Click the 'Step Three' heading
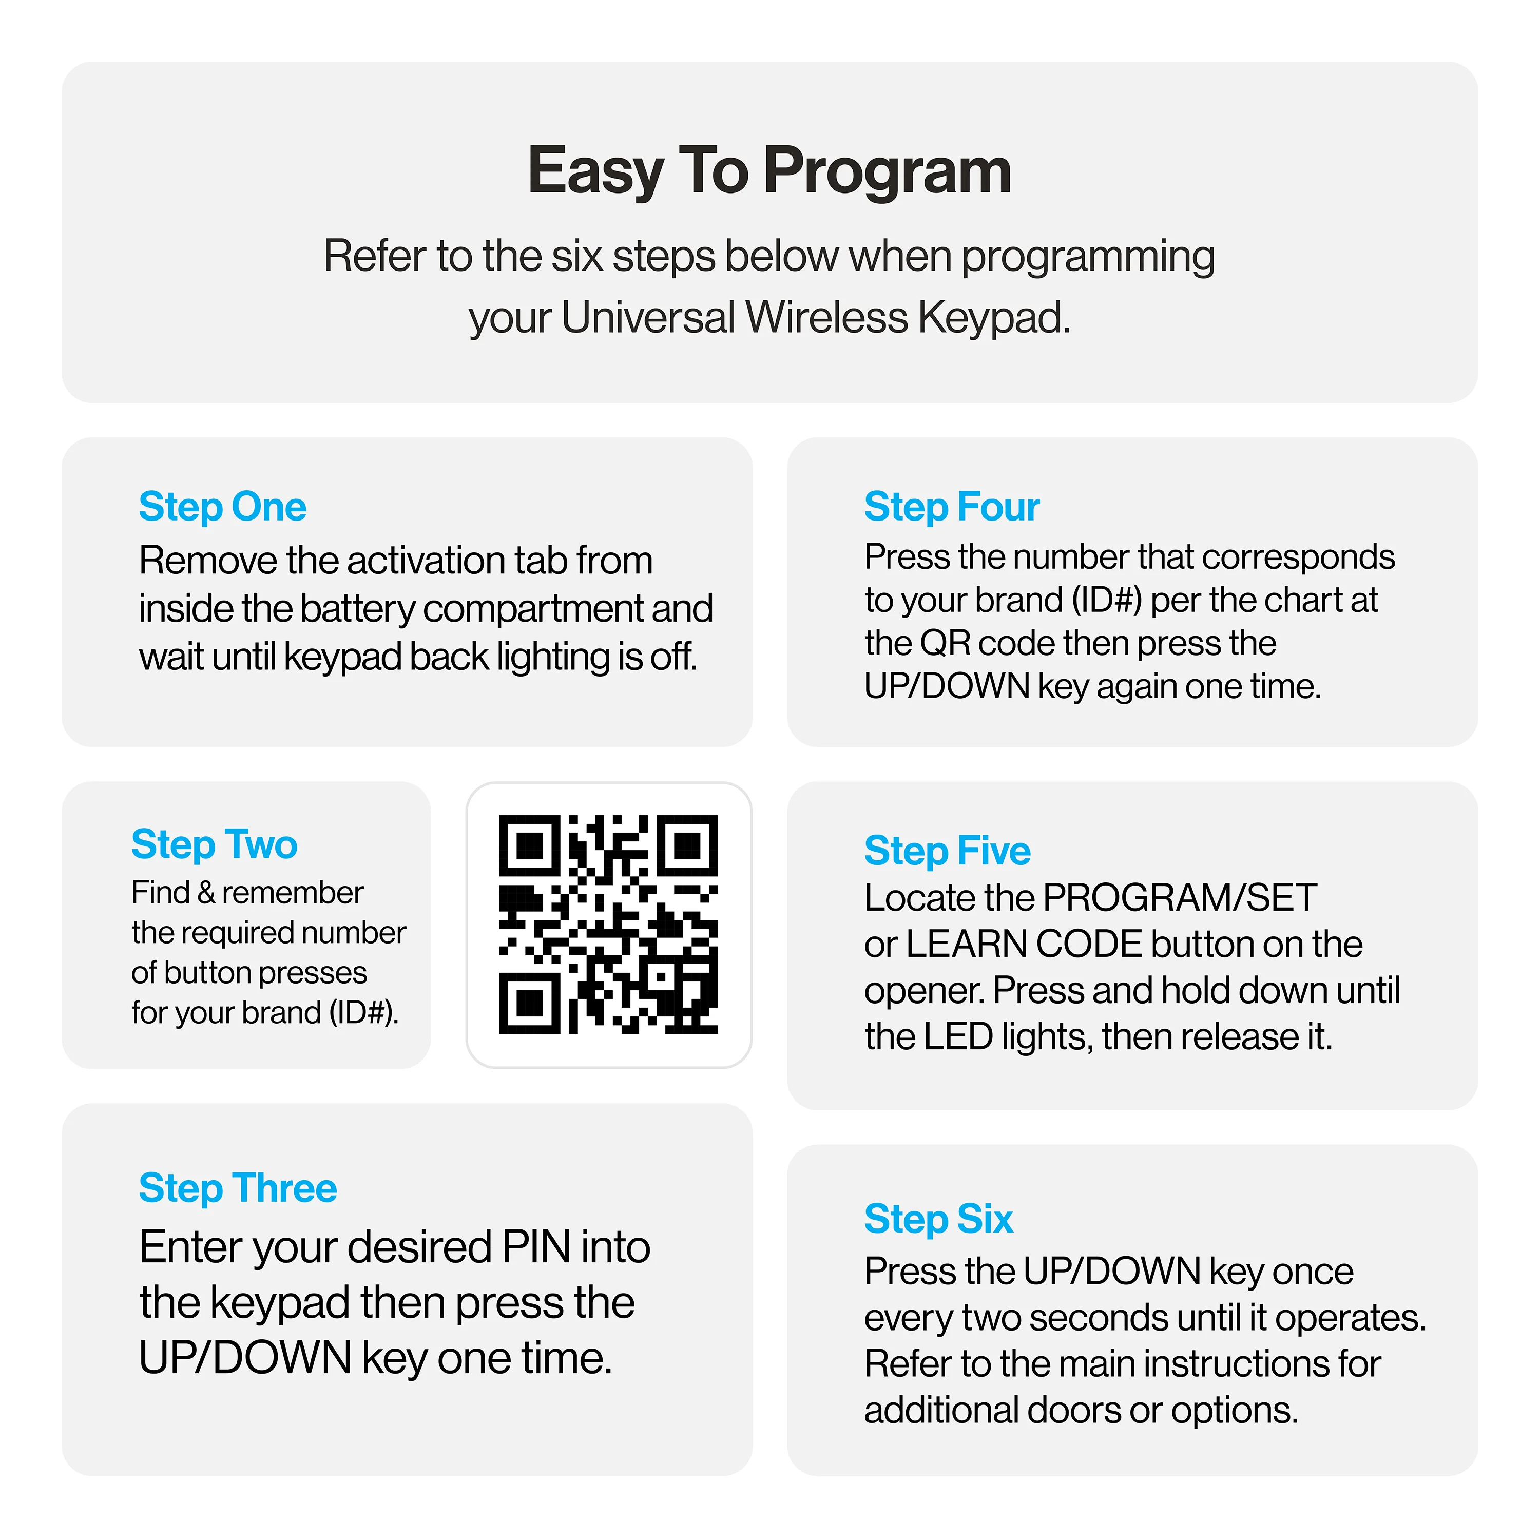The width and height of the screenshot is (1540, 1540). coord(238,1188)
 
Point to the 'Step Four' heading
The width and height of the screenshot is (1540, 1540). coord(952,507)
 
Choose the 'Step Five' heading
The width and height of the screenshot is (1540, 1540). coord(947,851)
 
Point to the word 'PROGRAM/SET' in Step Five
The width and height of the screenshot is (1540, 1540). coord(1180,898)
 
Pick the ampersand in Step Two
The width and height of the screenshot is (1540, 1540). coord(206,893)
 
